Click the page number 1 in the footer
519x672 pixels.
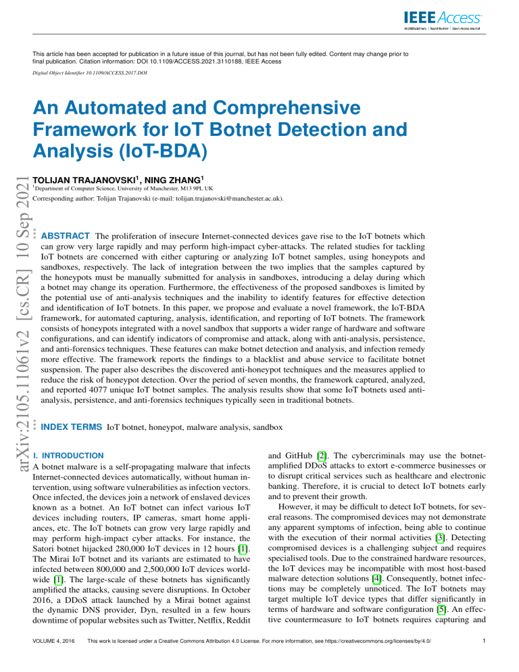click(x=485, y=654)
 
